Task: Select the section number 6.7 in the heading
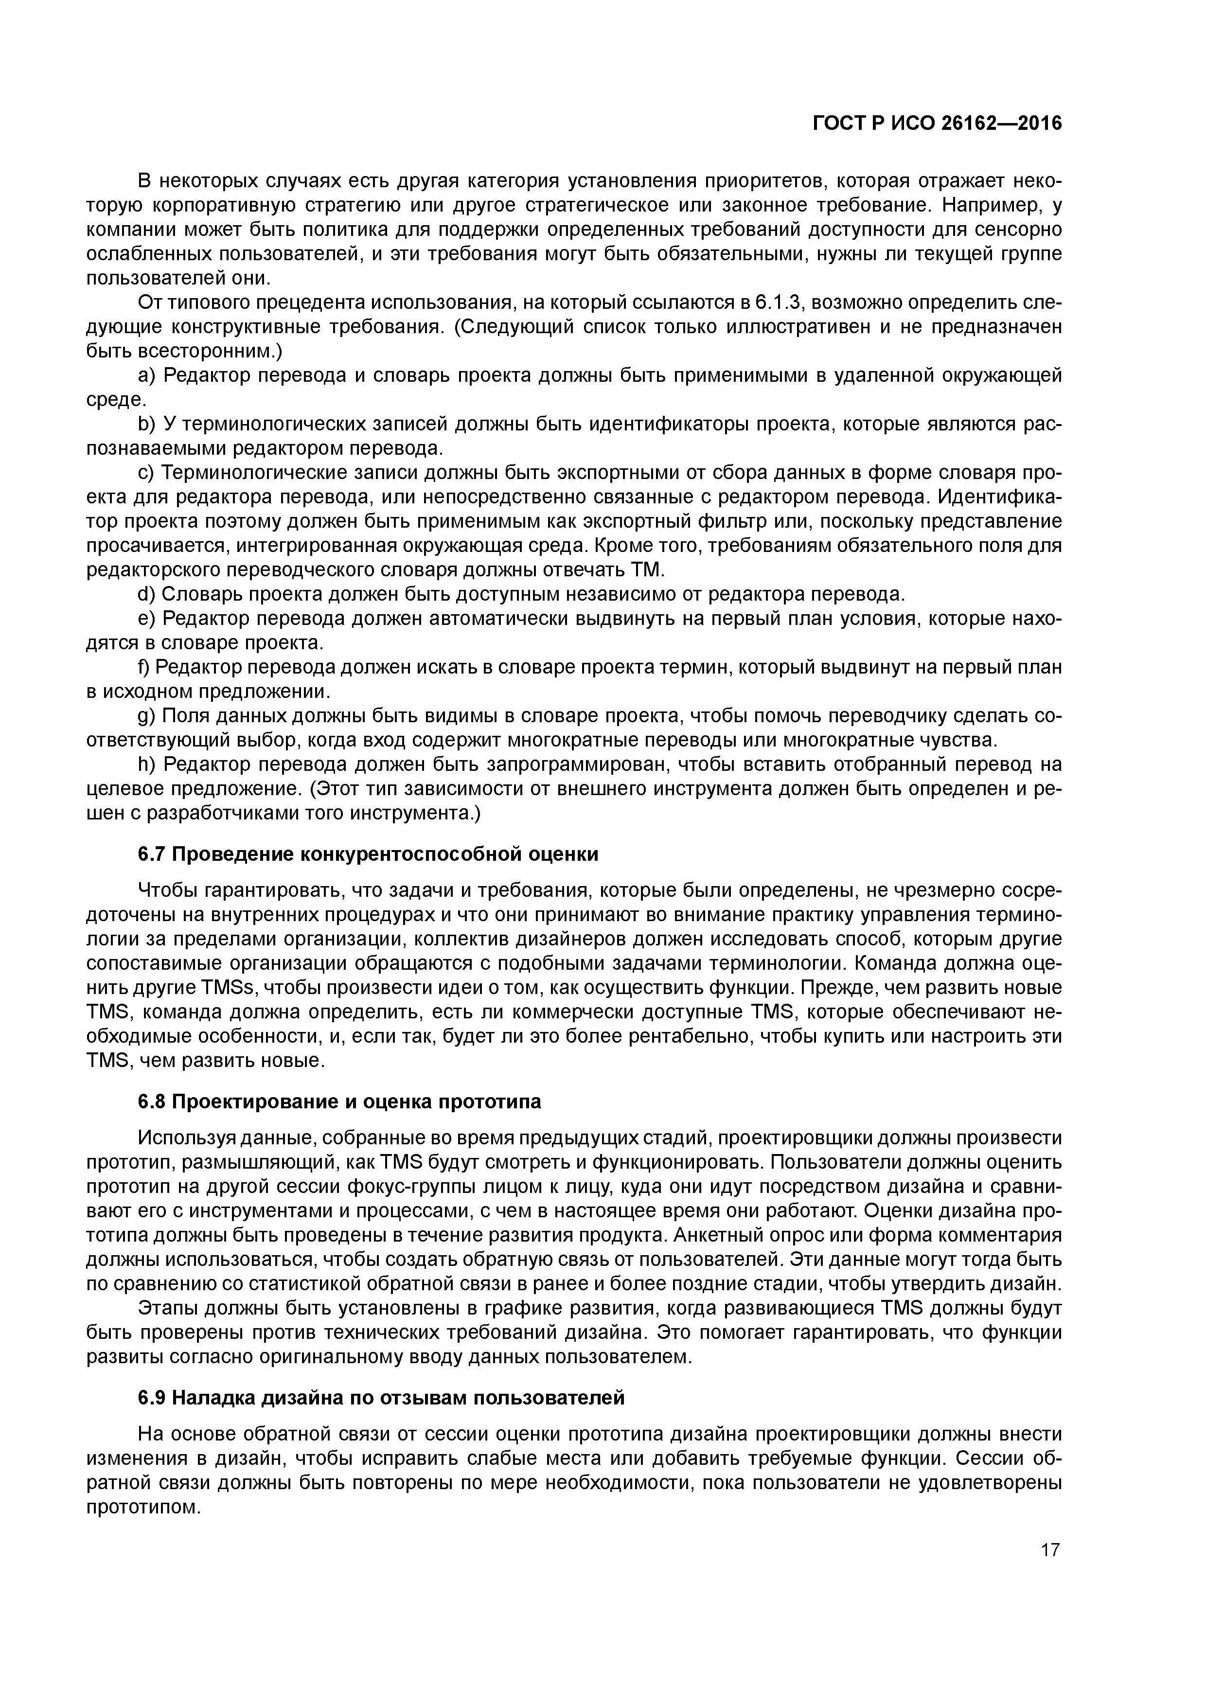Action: (152, 854)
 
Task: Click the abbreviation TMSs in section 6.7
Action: (228, 988)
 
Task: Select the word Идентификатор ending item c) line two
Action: (1000, 497)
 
